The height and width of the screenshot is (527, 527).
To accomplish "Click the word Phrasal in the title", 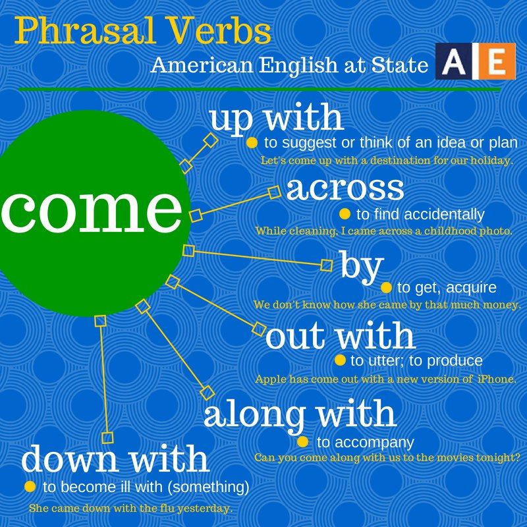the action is tap(85, 31).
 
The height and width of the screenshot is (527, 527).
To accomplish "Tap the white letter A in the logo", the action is tap(454, 61).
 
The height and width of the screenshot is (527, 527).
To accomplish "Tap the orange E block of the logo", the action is tap(497, 61).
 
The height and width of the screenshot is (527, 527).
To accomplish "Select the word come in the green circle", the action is tap(91, 211).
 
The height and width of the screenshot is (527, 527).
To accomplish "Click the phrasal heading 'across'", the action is tap(345, 188).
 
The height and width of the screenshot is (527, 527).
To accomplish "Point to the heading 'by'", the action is tap(362, 268).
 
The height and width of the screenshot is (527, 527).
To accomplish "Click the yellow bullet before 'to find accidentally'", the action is tap(345, 214).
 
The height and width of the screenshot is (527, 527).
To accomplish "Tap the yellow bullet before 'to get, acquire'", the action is tap(387, 287).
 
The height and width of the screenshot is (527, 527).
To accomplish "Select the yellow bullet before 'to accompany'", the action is tap(303, 441).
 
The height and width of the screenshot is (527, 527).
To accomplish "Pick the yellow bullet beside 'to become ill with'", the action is tap(30, 486).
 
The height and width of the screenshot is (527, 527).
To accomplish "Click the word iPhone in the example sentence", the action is tap(497, 379).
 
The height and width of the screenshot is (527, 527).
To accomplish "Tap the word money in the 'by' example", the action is tap(501, 305).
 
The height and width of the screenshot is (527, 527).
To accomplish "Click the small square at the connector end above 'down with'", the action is tap(107, 438).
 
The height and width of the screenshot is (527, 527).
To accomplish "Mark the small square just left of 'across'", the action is tap(275, 192).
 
